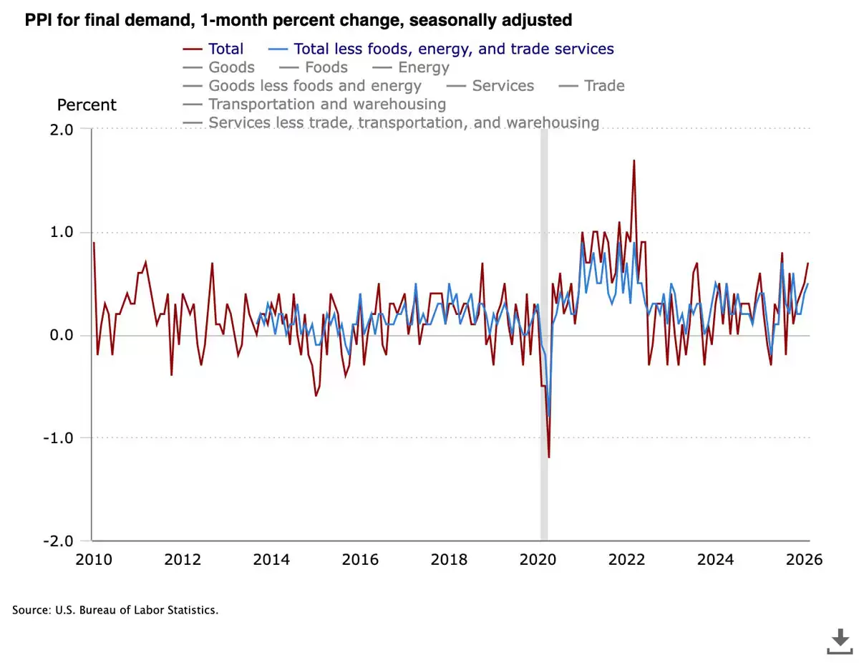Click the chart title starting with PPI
[299, 20]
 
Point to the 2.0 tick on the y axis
[62, 129]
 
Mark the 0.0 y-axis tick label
[62, 335]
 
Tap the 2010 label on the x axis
[94, 559]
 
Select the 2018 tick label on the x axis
[449, 559]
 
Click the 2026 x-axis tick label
[804, 559]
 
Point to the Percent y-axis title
[87, 105]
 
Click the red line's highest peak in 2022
[634, 160]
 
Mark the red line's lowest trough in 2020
[549, 457]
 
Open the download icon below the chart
[840, 640]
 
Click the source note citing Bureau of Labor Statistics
[115, 611]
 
